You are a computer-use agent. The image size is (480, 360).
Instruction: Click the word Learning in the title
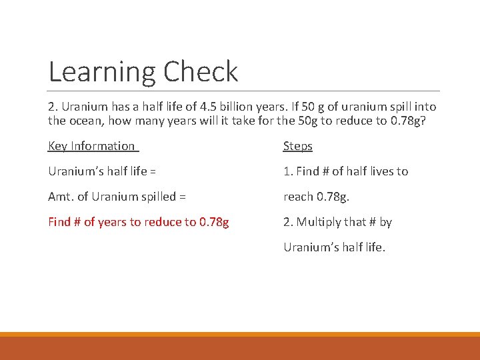coord(103,72)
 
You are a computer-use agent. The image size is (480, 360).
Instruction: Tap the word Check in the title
coord(201,72)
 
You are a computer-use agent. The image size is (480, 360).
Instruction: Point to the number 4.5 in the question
coord(200,107)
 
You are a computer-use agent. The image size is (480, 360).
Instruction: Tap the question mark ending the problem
coord(423,121)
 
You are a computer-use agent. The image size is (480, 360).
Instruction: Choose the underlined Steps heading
coord(298,146)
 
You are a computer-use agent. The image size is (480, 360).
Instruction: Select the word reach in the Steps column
coord(299,197)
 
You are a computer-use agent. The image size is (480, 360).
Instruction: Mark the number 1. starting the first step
coord(288,171)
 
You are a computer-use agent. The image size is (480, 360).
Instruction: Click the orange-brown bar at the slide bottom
coord(240,347)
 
